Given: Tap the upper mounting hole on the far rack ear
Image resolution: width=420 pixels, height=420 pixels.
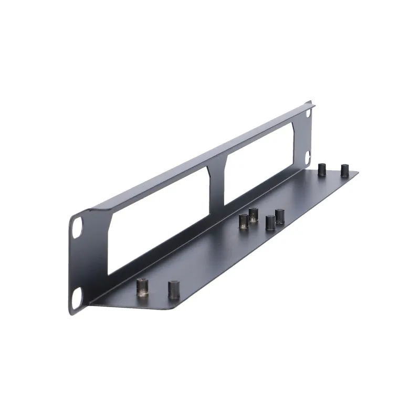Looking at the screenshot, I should pyautogui.click(x=308, y=112).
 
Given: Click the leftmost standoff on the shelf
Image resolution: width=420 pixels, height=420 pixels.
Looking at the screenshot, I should pyautogui.click(x=142, y=288).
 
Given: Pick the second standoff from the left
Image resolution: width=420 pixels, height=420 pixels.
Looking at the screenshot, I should pyautogui.click(x=174, y=290).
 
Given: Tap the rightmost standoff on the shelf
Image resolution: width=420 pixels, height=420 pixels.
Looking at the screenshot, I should pyautogui.click(x=344, y=171).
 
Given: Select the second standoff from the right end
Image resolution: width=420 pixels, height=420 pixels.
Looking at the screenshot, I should pyautogui.click(x=322, y=169).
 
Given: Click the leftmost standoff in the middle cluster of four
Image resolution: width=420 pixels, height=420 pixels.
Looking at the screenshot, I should pyautogui.click(x=243, y=221).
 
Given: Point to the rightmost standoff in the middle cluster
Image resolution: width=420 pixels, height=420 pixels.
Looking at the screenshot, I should pyautogui.click(x=280, y=216).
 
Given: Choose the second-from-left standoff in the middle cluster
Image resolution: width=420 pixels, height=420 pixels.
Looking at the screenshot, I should pyautogui.click(x=254, y=215).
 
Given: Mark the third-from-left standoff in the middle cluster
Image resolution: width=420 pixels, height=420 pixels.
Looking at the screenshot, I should pyautogui.click(x=270, y=223).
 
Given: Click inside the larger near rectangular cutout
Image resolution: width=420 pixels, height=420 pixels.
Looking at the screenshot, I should pyautogui.click(x=157, y=220).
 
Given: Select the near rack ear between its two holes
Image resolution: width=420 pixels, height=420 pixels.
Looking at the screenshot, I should pyautogui.click(x=78, y=262).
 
